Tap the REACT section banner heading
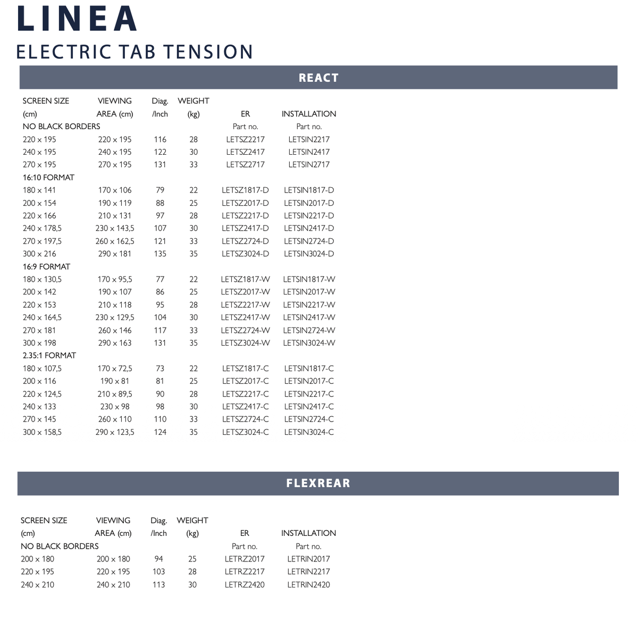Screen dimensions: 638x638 coord(318,78)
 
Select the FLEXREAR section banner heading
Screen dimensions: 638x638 coord(318,483)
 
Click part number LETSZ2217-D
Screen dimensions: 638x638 coord(245,216)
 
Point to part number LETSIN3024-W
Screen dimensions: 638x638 coord(309,343)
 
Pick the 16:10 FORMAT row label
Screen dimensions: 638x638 coord(48,178)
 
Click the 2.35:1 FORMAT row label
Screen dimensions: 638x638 coord(49,356)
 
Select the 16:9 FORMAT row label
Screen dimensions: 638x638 coord(46,267)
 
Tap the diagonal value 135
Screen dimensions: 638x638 coord(160,254)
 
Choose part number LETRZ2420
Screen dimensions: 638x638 coord(245,585)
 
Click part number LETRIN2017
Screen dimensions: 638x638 coord(308,559)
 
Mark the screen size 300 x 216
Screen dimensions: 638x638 coord(39,254)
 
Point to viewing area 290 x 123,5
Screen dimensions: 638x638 coord(115,432)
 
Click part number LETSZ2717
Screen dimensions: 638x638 coord(245,165)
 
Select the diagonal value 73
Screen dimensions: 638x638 coord(160,368)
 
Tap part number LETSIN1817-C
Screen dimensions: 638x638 coord(309,368)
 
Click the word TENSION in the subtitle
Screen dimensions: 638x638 coord(208,52)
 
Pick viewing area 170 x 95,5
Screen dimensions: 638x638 coord(115,280)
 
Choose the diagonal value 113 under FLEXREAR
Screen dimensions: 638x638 coord(158,585)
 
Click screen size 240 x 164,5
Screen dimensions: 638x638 coord(42,317)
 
